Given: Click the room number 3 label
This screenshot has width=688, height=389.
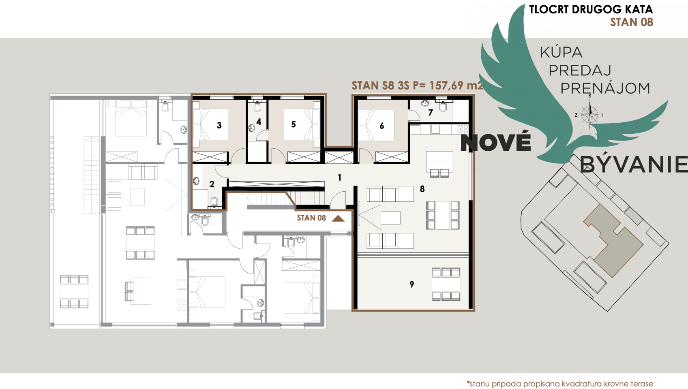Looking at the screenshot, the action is pos(219,125).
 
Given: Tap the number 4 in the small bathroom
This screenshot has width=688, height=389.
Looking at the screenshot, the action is pos(259,122).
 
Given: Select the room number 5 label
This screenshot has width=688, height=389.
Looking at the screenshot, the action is pos(294,124).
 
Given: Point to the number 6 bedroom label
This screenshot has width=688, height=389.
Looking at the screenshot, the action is pos(382,126).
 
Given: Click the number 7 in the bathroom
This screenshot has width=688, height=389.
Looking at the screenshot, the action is pos(431,113).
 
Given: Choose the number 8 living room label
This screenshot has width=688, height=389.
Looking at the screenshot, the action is pos(422,189).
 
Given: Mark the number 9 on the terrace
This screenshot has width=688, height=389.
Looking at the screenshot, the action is pos(412,284).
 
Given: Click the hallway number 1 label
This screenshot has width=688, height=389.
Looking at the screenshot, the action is pos(339,177).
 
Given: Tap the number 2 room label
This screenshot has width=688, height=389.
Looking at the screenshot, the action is pos(212,184).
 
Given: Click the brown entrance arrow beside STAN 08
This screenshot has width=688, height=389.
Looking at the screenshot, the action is pos(338,218).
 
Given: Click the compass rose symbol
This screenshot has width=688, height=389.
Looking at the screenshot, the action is pos(589,115).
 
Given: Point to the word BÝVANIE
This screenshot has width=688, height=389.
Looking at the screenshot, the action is pos(634,164).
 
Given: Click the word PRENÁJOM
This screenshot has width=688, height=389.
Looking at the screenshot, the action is pos(605,88).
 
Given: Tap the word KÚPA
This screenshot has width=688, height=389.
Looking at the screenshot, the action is pos(561,52).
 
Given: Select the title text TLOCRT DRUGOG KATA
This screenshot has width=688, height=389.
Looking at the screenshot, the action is pos(591,9).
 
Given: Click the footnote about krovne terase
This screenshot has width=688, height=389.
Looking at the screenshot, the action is pos(559,383).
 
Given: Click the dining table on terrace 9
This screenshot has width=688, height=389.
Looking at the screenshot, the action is pos(446,284).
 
